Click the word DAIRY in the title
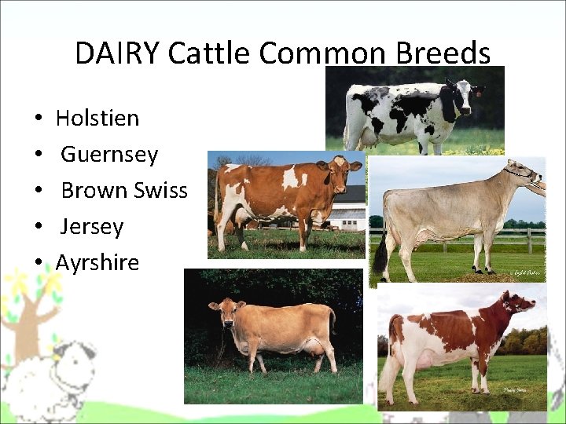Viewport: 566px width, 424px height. (x=117, y=53)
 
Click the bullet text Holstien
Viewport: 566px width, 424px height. (x=97, y=119)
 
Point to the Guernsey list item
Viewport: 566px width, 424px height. (x=109, y=155)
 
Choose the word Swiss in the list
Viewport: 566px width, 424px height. (x=160, y=191)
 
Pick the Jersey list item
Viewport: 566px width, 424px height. (x=92, y=227)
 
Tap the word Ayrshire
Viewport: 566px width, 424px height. (x=97, y=263)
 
